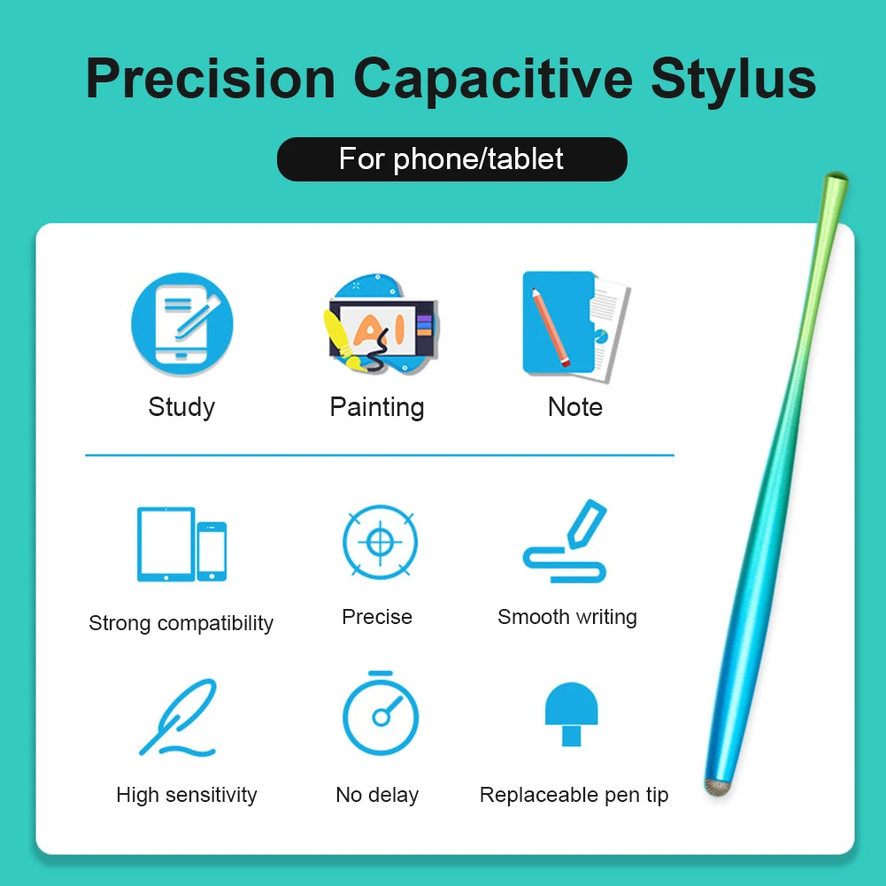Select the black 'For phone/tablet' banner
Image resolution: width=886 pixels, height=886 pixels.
coord(451,159)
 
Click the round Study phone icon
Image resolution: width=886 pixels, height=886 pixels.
coord(182,323)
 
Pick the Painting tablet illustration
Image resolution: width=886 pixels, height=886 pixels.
coord(380,327)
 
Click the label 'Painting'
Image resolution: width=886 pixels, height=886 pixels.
coord(377,407)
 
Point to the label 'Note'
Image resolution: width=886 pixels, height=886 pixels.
coord(575,407)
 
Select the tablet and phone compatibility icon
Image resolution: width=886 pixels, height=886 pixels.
coord(181,544)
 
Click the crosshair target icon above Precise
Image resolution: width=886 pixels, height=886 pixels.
coord(380,543)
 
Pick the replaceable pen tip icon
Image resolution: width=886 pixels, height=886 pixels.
coord(571,713)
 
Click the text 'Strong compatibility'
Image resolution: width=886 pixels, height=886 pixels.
coord(181,623)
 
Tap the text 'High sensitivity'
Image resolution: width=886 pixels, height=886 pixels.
coord(187,795)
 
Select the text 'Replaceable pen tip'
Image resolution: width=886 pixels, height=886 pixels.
coord(574,795)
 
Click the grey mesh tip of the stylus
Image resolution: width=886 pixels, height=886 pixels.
coord(716,784)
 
